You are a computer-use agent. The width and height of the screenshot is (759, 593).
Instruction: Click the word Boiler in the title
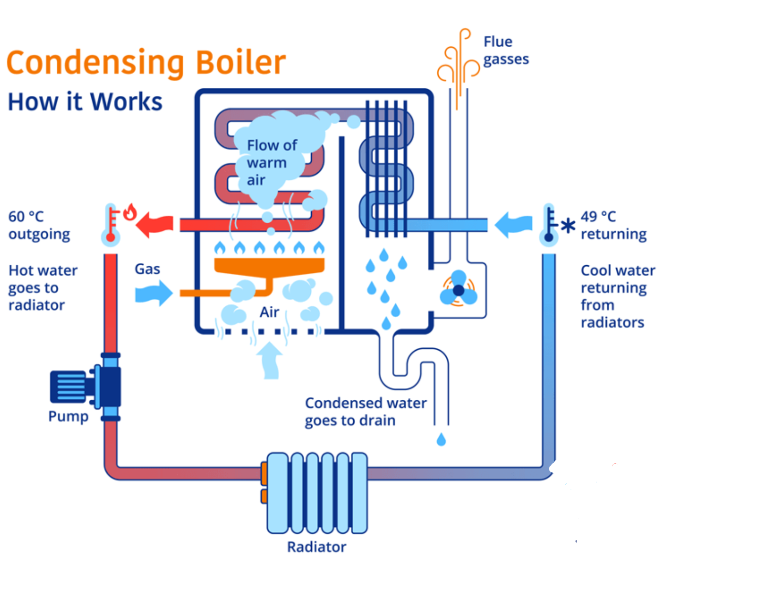(x=241, y=62)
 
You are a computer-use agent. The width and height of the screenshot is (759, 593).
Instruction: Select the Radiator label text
(x=316, y=547)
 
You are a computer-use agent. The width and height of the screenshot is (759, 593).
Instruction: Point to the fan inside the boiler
(x=458, y=289)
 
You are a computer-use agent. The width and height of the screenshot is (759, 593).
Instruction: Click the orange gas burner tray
(x=269, y=266)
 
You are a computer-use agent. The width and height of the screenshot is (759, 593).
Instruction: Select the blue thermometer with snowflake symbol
(x=551, y=225)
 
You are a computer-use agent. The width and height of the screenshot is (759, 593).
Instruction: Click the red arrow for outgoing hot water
(x=155, y=224)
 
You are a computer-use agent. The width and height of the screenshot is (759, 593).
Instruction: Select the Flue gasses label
(x=506, y=50)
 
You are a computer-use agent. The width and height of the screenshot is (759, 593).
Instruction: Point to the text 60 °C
(x=26, y=217)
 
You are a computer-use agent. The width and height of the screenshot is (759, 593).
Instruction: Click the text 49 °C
(x=598, y=217)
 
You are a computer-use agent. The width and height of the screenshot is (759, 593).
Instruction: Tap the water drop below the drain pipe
(x=441, y=439)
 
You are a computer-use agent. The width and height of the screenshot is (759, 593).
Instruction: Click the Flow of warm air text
(x=272, y=162)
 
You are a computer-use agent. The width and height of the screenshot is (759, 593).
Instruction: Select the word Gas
(x=147, y=269)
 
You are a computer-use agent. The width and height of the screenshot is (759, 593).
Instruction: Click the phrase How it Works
(x=85, y=102)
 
